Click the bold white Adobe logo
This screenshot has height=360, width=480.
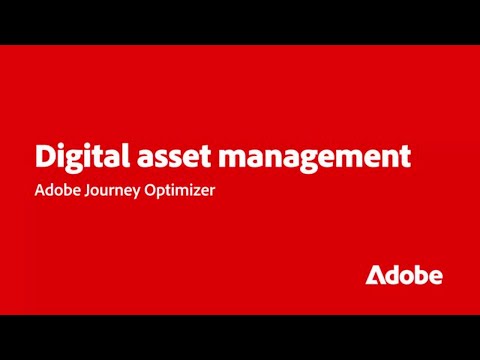click(403, 275)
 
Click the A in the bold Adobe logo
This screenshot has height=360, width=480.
click(374, 275)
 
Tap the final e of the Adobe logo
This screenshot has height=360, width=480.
click(435, 276)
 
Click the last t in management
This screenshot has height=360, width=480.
click(406, 156)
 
